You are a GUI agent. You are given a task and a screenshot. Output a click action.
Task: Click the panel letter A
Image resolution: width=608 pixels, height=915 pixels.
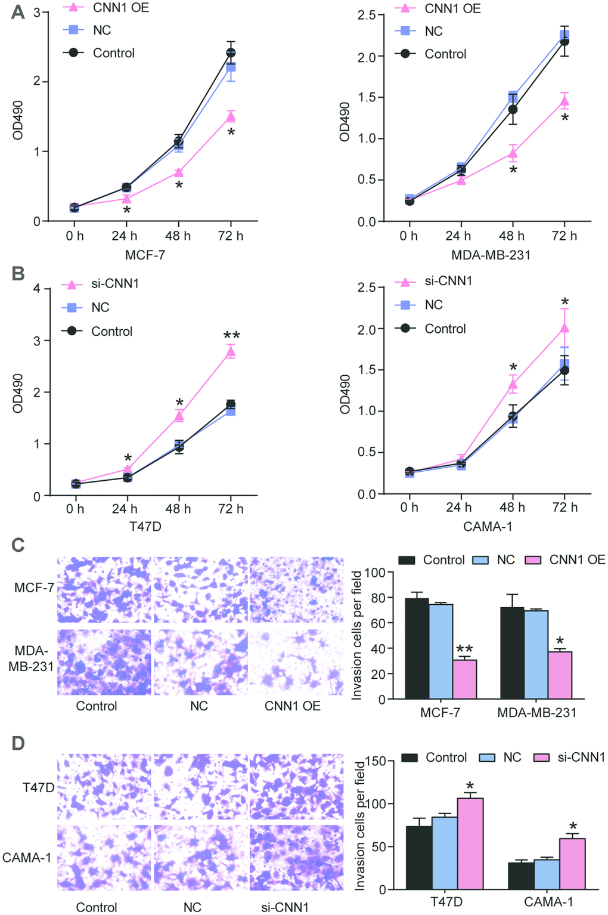click(x=18, y=12)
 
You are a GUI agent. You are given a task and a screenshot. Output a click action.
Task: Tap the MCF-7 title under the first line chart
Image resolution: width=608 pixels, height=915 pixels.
click(x=145, y=255)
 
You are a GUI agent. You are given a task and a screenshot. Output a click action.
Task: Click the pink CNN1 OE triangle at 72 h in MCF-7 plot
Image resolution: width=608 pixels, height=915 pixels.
click(x=231, y=117)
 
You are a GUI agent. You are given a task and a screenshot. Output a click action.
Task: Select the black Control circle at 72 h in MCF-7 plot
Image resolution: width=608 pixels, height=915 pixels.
click(x=231, y=53)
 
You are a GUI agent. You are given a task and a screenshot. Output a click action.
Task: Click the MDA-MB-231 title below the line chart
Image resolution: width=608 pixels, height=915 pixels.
click(x=490, y=255)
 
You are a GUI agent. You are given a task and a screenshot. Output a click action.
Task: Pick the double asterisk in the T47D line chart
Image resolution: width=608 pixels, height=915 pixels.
click(x=231, y=336)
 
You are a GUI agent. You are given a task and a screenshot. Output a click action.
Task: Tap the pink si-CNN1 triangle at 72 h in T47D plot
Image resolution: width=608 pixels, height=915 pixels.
click(x=231, y=352)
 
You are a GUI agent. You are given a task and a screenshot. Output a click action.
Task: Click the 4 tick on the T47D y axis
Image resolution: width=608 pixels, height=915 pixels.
click(x=37, y=289)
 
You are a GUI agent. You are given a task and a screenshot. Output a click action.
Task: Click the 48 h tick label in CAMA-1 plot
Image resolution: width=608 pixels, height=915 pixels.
click(x=512, y=508)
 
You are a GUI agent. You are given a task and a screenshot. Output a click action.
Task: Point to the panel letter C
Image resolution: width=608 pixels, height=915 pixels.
click(x=18, y=545)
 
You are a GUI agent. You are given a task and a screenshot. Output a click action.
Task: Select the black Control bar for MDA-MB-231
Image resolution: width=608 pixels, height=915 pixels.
click(x=512, y=653)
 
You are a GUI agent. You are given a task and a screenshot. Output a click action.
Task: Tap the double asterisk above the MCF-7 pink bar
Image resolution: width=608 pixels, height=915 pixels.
click(x=464, y=650)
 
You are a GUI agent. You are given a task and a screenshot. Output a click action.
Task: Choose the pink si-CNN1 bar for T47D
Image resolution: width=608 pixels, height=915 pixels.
click(x=470, y=843)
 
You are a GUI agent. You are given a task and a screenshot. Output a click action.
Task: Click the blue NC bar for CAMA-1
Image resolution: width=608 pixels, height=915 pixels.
click(x=547, y=874)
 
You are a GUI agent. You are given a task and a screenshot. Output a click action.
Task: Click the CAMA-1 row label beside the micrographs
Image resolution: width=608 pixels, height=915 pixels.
click(x=26, y=858)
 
